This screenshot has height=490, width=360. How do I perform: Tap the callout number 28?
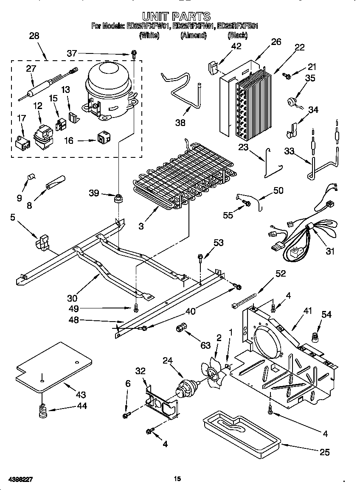click(x=34, y=36)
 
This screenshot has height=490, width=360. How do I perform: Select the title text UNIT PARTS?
click(x=176, y=17)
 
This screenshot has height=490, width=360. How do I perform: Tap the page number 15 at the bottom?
click(x=177, y=479)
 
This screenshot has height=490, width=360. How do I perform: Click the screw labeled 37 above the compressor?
click(x=134, y=54)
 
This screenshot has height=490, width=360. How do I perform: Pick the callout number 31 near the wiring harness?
click(x=330, y=251)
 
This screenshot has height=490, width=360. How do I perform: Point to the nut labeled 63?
click(x=180, y=328)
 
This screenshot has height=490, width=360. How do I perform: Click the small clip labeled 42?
click(x=213, y=67)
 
